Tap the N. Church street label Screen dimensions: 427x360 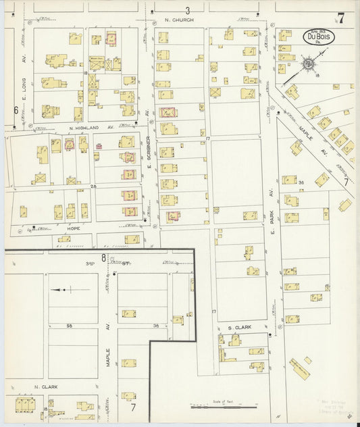tap(180, 20)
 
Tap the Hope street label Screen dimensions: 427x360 tap(74, 229)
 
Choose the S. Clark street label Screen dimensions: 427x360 tap(239, 328)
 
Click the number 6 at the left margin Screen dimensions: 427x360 tap(15, 109)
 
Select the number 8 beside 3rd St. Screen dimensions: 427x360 tap(103, 257)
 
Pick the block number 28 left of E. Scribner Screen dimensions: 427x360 tap(95, 186)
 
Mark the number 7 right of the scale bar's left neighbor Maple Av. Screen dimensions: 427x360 tap(133, 407)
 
